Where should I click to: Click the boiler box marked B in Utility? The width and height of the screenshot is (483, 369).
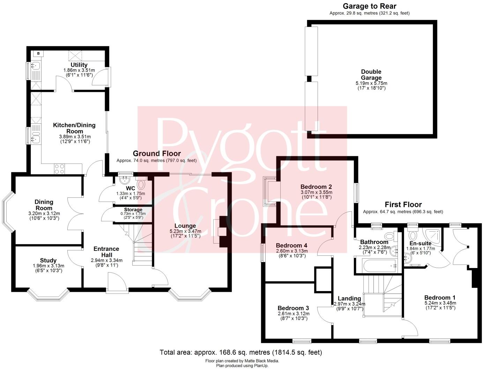tap(38, 53)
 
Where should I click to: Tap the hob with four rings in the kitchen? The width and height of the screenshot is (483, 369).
tap(59, 169)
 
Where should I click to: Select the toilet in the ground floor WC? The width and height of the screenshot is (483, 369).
tap(141, 184)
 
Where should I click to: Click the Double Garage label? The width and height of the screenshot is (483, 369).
tap(371, 75)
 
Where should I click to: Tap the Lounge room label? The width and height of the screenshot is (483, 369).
tap(185, 226)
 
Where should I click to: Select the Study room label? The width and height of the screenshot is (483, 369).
tap(48, 260)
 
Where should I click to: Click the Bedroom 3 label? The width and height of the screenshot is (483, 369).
tap(293, 308)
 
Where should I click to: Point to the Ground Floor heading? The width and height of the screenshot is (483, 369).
tap(157, 153)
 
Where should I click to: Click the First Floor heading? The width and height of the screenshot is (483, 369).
tap(403, 204)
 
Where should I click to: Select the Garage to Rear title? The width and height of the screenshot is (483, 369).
tap(369, 6)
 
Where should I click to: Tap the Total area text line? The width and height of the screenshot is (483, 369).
tap(241, 352)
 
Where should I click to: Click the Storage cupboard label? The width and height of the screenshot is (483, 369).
tap(133, 210)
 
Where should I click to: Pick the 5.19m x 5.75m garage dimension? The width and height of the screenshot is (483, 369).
tap(371, 84)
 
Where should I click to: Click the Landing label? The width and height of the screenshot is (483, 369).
tap(349, 298)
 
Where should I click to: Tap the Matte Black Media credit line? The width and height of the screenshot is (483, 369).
tap(242, 361)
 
